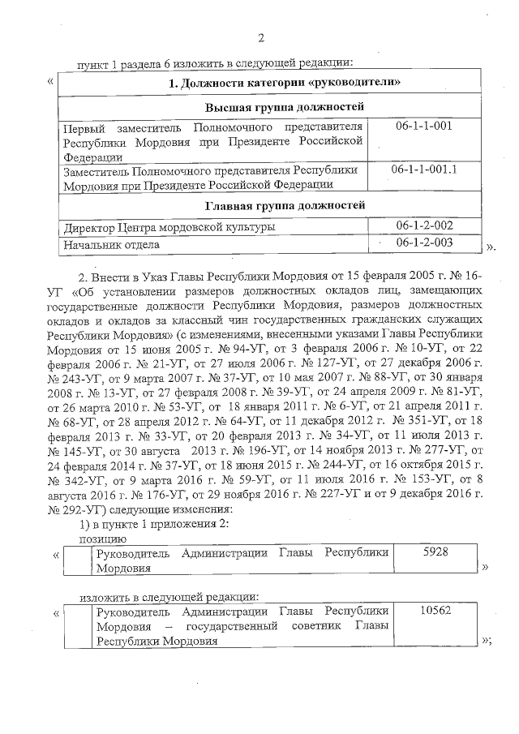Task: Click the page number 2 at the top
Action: coord(260,37)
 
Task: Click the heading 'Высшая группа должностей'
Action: coord(272,107)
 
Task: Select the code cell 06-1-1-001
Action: coord(423,127)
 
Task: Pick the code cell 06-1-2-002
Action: coord(424,225)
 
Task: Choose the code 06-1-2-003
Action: coord(424,243)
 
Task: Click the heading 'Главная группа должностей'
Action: coord(272,205)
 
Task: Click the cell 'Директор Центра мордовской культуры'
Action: coord(169,225)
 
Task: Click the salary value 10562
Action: coord(436,611)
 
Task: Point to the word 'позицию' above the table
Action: coord(101,536)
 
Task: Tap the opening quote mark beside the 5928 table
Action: coord(56,555)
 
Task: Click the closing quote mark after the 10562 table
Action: coord(487,640)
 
